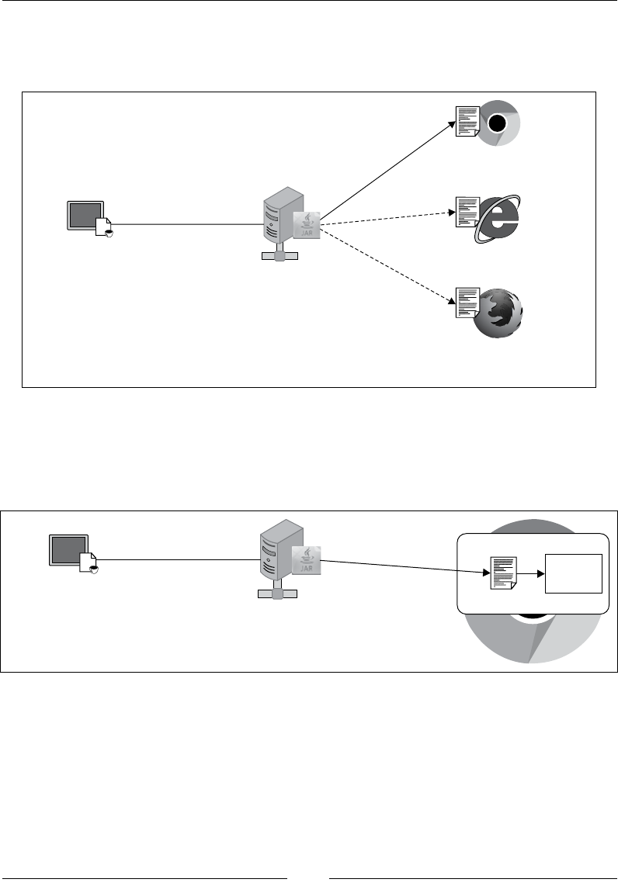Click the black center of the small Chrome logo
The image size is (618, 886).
click(x=497, y=123)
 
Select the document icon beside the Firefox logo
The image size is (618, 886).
click(x=467, y=303)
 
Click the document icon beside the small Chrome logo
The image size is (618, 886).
click(x=467, y=122)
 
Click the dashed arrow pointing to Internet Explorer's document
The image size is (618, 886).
click(x=388, y=217)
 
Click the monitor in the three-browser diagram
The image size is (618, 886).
click(x=85, y=215)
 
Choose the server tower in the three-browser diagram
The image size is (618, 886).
click(x=278, y=218)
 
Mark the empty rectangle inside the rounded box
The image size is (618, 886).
click(x=574, y=574)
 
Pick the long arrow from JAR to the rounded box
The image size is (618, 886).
click(x=404, y=566)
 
